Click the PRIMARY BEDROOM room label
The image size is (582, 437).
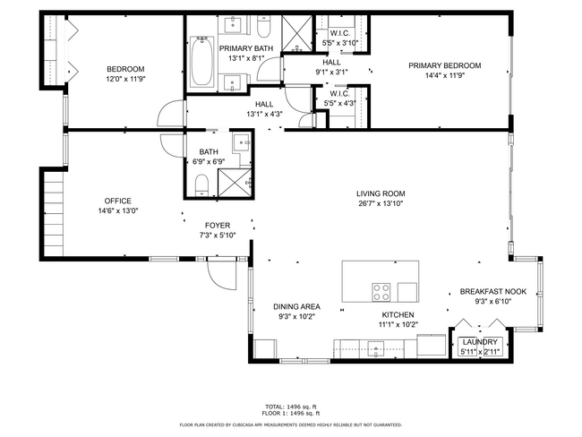[445, 65]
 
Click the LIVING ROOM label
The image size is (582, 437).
[381, 193]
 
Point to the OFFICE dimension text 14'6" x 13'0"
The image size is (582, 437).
[118, 210]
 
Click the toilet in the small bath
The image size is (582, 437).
[202, 184]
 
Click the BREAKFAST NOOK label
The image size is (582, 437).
[492, 292]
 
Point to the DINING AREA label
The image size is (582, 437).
[296, 307]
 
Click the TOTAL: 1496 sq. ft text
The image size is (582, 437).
[289, 406]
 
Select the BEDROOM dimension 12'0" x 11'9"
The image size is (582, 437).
[125, 78]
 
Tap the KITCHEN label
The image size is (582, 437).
[398, 315]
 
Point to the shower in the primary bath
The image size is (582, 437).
[296, 35]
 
